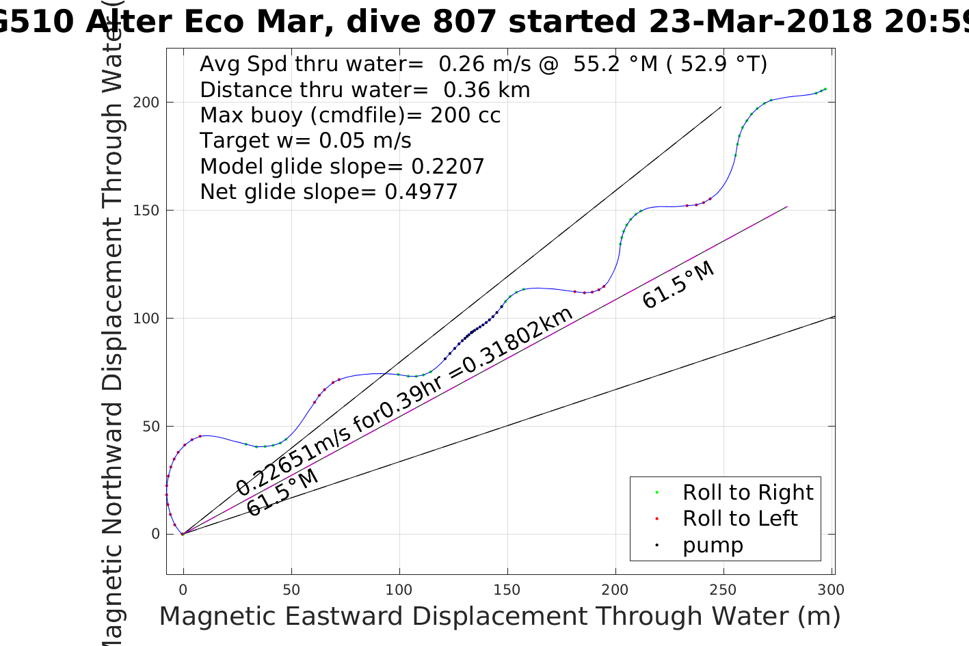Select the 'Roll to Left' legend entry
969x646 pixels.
(739, 518)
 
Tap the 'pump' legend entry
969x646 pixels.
(713, 545)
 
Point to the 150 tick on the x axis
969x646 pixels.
(507, 589)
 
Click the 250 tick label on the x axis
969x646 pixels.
(723, 589)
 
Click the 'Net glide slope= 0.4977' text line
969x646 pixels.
(328, 192)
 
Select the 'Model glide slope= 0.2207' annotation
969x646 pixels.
(342, 166)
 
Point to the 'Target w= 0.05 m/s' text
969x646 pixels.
(305, 141)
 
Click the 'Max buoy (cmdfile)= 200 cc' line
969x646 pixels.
(350, 115)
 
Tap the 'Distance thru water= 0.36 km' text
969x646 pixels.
(364, 90)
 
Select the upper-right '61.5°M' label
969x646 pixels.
(678, 284)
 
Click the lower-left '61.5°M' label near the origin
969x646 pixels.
(282, 492)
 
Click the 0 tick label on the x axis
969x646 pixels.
(183, 589)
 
